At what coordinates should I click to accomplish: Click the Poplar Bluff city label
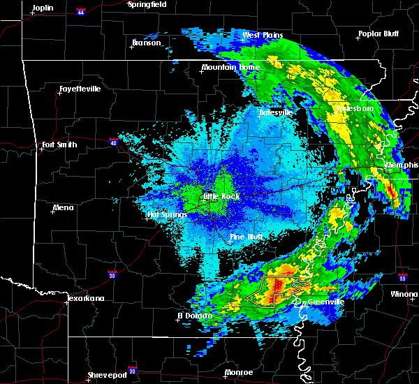tap(376, 34)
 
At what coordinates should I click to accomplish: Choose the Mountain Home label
tap(230, 68)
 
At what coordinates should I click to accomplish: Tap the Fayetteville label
tap(80, 89)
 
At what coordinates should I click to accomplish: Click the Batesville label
tap(275, 112)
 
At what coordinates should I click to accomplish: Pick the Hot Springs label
tap(168, 214)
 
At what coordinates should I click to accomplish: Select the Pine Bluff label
tap(246, 237)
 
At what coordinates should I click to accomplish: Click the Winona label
tap(405, 295)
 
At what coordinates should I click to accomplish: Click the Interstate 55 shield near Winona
tap(402, 277)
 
